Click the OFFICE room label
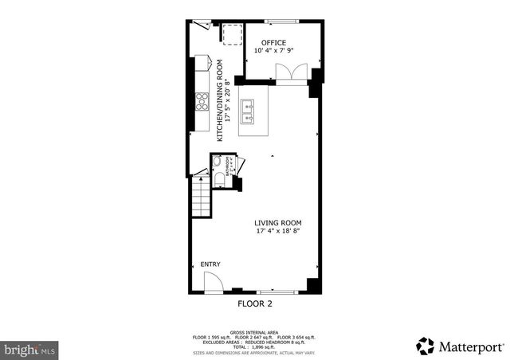[x=273, y=42]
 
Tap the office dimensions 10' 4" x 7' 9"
[x=274, y=51]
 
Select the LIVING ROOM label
[x=278, y=223]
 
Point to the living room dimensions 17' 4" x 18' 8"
[x=278, y=232]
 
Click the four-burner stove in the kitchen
[x=202, y=102]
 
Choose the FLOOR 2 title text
[x=255, y=303]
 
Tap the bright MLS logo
[x=30, y=349]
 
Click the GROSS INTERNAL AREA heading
[x=255, y=331]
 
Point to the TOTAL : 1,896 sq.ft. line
[x=255, y=347]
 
